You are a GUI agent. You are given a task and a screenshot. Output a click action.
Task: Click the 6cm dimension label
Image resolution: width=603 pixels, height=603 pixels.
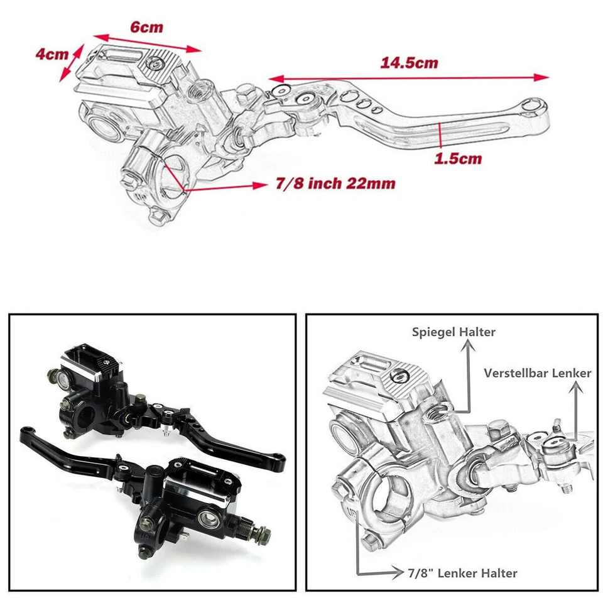[146, 27]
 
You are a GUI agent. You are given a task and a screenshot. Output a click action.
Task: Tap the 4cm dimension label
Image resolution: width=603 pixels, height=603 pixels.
[52, 54]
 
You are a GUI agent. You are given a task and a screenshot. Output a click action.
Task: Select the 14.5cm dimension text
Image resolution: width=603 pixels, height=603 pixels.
[409, 63]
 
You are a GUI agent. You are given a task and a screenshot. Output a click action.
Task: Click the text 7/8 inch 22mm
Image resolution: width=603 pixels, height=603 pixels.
[335, 183]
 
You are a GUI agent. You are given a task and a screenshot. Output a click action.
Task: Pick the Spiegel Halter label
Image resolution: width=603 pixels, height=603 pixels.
[454, 332]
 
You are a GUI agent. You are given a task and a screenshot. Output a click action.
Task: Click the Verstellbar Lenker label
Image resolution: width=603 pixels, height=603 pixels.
[537, 372]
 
